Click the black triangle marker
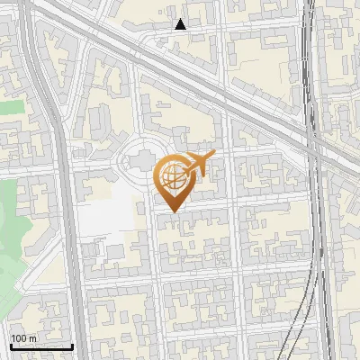click(181, 24)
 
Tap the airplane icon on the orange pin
click(199, 165)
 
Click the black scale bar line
click(41, 346)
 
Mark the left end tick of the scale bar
click(11, 346)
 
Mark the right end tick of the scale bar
click(72, 346)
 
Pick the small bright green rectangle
click(11, 107)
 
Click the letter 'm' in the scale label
click(32, 338)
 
